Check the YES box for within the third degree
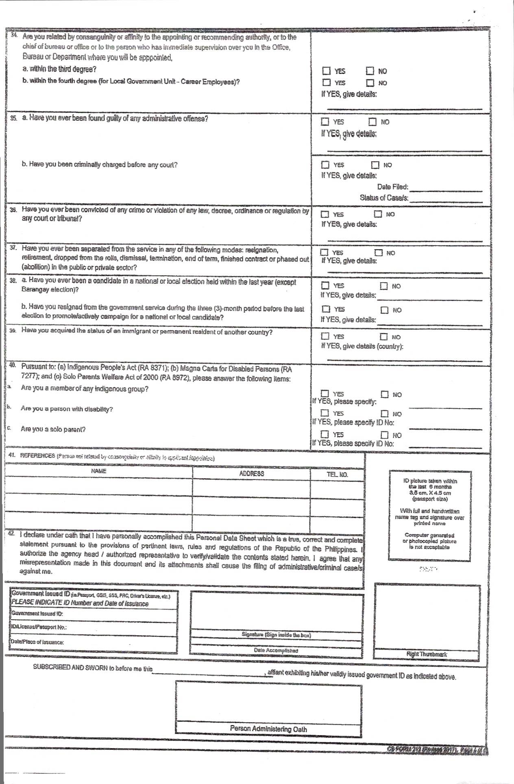click(327, 71)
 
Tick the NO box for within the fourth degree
click(370, 83)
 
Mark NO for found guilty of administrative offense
click(372, 122)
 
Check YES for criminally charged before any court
click(325, 165)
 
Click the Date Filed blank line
click(446, 189)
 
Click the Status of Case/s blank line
click(446, 200)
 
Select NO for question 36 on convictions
click(378, 214)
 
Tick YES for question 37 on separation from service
click(324, 253)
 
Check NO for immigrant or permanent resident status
click(383, 337)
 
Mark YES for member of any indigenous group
click(325, 394)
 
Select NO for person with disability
click(384, 414)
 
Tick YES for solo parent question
click(325, 434)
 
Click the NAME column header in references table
click(98, 471)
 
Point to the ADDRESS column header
click(251, 474)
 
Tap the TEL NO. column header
click(337, 475)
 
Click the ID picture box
click(430, 516)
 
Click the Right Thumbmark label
click(427, 654)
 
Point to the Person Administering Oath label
click(268, 729)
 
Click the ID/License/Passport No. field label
click(39, 627)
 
